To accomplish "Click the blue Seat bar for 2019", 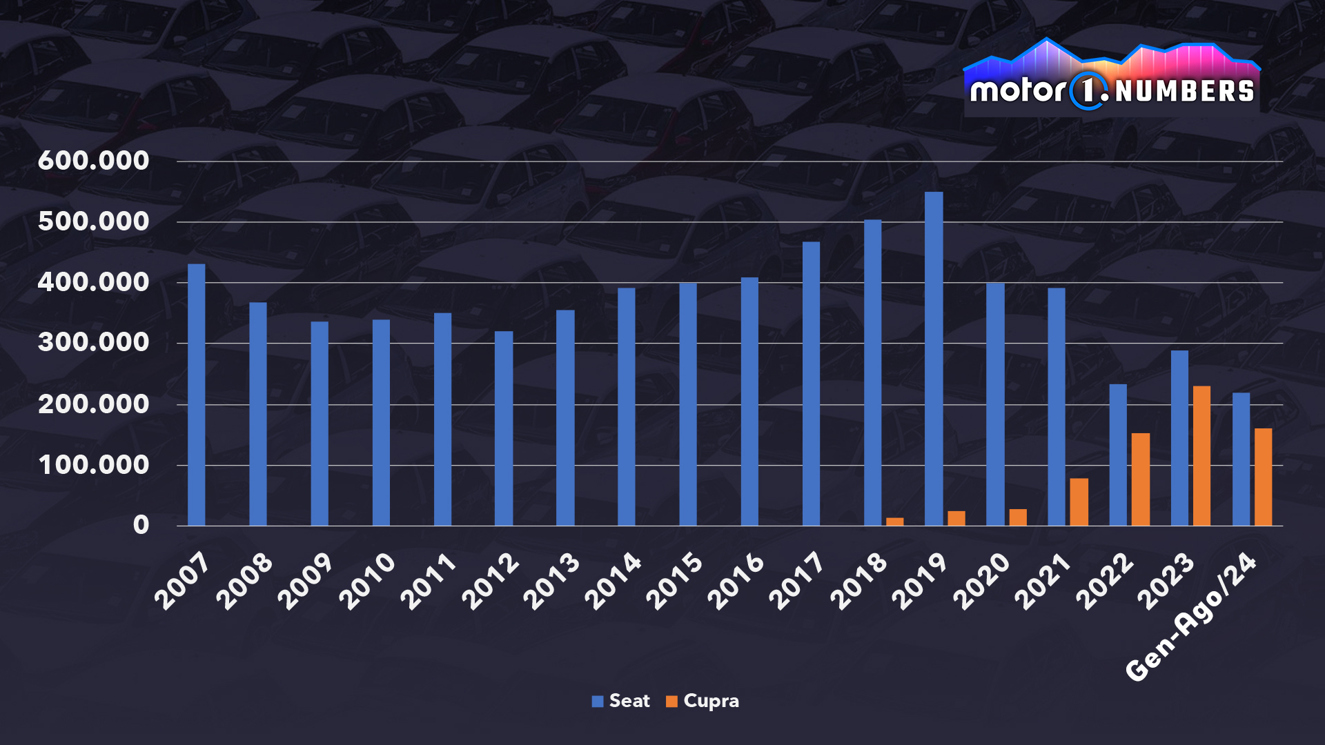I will click(x=934, y=359).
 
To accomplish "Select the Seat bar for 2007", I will click(x=197, y=395).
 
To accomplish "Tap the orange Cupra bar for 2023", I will click(x=1201, y=456).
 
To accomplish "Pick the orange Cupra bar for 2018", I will click(x=894, y=521).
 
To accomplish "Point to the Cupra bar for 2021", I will click(x=1079, y=502).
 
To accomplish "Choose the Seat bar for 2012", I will click(x=504, y=428).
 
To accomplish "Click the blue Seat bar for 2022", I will click(x=1118, y=455).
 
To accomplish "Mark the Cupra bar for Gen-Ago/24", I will click(x=1263, y=477).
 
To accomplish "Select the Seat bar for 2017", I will click(x=811, y=384).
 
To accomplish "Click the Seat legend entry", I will click(x=621, y=701).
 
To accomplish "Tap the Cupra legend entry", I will click(x=703, y=701).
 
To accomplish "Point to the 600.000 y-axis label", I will click(x=93, y=161).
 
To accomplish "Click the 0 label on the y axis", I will click(x=141, y=526).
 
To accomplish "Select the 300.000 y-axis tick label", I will click(x=93, y=343).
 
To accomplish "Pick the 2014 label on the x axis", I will click(x=613, y=582).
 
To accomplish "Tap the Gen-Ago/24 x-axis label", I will click(x=1191, y=618).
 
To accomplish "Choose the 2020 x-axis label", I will click(x=981, y=582).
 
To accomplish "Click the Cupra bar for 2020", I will click(x=1018, y=517).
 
